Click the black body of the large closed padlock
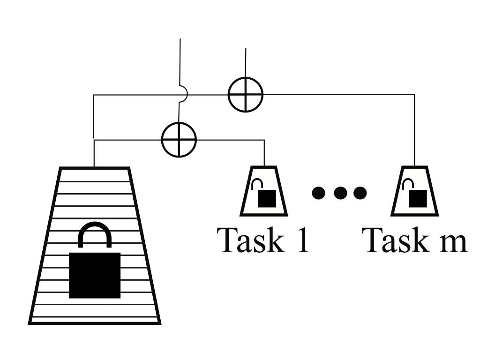coord(95,275)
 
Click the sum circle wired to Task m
coord(245,94)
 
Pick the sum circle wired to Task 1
coord(179,139)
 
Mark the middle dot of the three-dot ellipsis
coord(339,192)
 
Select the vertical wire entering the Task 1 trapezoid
coord(264,152)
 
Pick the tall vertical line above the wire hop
coord(180,61)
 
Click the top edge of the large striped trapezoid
coord(94,168)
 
